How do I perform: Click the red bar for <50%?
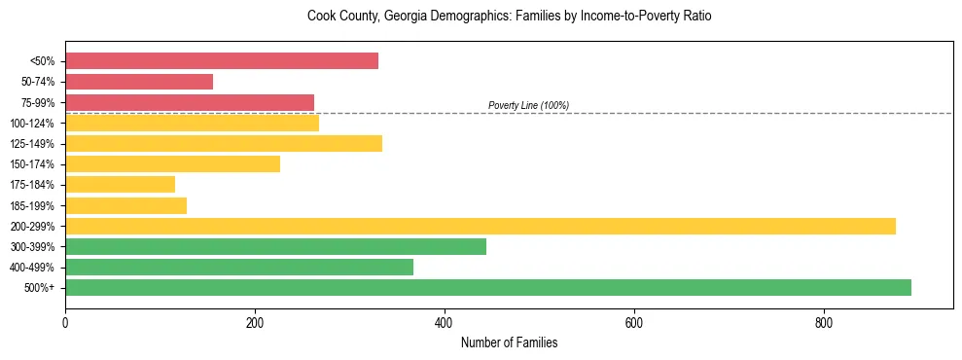tap(222, 61)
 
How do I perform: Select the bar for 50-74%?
tap(139, 82)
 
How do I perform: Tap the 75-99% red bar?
tap(190, 102)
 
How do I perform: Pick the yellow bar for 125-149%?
tap(224, 144)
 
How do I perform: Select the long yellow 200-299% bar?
tap(481, 227)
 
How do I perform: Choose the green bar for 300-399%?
tap(275, 247)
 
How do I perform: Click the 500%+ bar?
tap(488, 288)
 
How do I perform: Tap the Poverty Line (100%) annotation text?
tap(528, 105)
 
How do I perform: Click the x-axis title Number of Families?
tap(509, 343)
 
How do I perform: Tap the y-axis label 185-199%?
tap(34, 206)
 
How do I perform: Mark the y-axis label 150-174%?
tap(34, 164)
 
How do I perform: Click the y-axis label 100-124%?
tap(34, 124)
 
